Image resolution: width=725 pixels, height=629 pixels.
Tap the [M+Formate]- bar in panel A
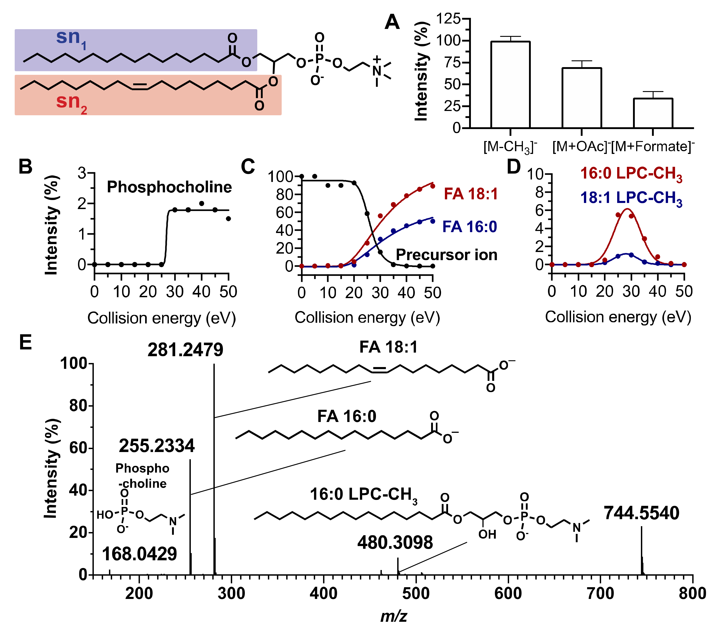point(653,113)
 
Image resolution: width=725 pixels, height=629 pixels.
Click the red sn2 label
point(71,102)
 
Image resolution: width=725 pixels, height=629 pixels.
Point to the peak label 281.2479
point(185,350)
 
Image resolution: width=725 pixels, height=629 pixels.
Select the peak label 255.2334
point(157,446)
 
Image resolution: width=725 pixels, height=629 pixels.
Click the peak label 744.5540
point(641,513)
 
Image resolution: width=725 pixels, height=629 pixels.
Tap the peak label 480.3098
point(395,543)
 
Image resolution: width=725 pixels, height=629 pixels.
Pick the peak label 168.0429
point(139,554)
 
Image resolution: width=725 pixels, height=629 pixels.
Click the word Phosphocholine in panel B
point(169,187)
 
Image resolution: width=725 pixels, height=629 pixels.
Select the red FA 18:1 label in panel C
point(470,194)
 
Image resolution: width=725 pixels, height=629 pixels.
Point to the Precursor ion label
point(446,255)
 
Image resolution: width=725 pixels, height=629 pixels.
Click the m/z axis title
point(394,616)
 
